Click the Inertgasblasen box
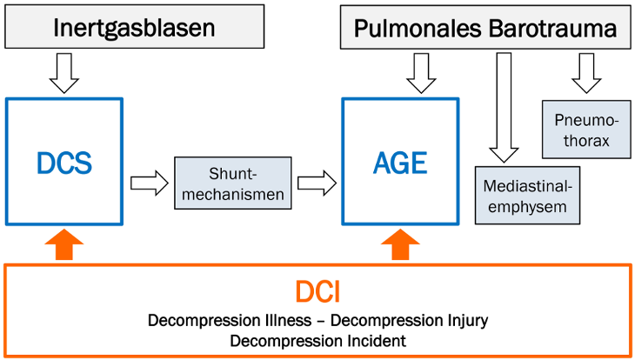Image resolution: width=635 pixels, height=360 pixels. click(135, 27)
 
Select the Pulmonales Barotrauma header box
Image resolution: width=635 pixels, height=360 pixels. click(485, 27)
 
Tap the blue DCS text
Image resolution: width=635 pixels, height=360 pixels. click(64, 163)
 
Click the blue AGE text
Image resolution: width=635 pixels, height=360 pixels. click(400, 163)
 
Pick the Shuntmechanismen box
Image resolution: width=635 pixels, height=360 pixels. click(233, 183)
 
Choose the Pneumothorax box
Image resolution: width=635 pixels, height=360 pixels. click(586, 130)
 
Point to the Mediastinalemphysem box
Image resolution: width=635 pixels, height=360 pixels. click(527, 195)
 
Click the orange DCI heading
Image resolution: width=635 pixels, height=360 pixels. click(317, 291)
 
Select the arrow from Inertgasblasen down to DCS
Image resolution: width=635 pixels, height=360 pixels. click(64, 73)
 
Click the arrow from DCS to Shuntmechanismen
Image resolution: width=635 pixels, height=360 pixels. click(150, 183)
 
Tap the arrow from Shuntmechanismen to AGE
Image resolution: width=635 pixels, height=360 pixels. click(317, 183)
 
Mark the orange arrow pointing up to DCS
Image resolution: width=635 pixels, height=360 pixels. click(64, 244)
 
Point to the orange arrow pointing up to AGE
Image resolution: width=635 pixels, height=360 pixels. click(400, 244)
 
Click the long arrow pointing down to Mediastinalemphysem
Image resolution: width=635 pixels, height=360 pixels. click(504, 107)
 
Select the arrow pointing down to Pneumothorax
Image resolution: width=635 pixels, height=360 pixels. click(586, 73)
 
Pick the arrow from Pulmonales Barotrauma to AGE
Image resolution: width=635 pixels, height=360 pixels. click(421, 73)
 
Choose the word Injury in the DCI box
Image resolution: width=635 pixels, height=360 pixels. click(468, 321)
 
